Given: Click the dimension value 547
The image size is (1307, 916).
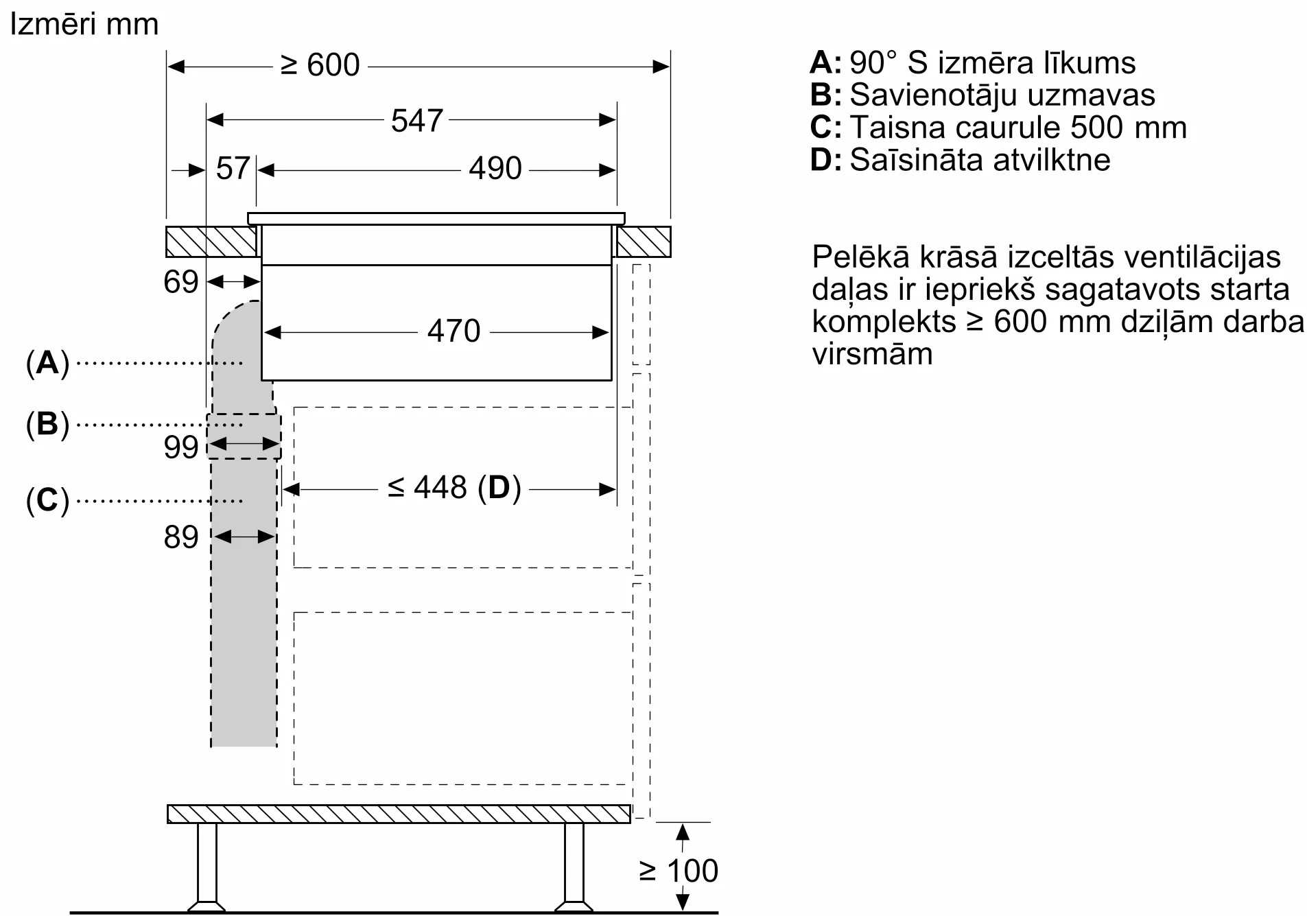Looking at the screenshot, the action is pyautogui.click(x=416, y=121).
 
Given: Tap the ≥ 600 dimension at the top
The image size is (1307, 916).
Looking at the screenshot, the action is pyautogui.click(x=320, y=66).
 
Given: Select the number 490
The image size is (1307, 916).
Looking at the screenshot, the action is pyautogui.click(x=495, y=169).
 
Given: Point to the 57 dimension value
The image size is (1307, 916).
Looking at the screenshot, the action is pyautogui.click(x=233, y=169).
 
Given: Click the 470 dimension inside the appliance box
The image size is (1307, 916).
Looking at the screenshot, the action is pyautogui.click(x=454, y=331).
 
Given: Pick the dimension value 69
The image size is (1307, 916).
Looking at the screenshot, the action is pyautogui.click(x=180, y=282).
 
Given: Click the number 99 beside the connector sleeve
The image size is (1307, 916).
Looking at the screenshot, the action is pyautogui.click(x=180, y=447).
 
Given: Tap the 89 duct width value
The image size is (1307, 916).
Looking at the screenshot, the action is pyautogui.click(x=180, y=537).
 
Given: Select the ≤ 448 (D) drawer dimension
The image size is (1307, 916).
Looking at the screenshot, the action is pyautogui.click(x=454, y=488).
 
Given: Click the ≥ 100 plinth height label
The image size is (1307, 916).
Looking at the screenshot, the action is pyautogui.click(x=679, y=871).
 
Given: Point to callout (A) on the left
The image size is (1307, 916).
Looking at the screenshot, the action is pyautogui.click(x=47, y=362).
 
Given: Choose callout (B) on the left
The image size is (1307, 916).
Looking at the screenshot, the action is pyautogui.click(x=47, y=424).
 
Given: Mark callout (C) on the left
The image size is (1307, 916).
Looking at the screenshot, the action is pyautogui.click(x=47, y=500).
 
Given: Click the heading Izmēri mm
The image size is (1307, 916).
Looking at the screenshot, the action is pyautogui.click(x=84, y=25).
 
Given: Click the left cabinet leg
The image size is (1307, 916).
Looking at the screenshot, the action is pyautogui.click(x=207, y=867).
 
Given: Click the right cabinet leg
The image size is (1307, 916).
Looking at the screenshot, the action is pyautogui.click(x=574, y=867).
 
